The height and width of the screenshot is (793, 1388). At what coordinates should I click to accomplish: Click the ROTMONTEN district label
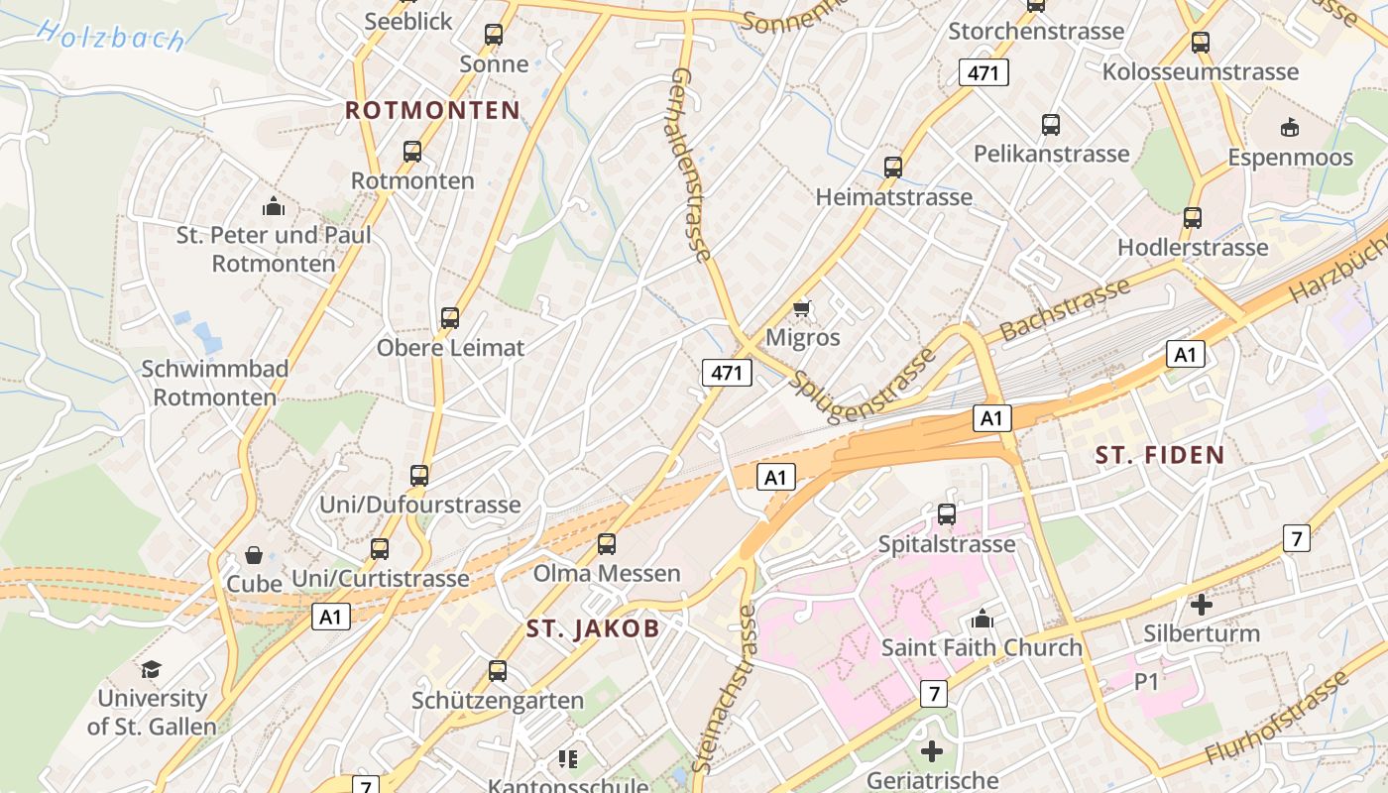click(x=432, y=110)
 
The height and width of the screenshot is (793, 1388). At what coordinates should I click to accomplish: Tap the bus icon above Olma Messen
click(x=606, y=544)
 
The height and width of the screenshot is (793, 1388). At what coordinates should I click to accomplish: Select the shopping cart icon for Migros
click(x=802, y=308)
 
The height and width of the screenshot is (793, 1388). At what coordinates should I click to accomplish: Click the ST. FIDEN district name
click(x=1160, y=456)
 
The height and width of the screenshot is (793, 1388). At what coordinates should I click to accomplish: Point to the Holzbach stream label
click(x=111, y=35)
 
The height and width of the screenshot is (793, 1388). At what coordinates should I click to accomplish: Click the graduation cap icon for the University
click(x=151, y=670)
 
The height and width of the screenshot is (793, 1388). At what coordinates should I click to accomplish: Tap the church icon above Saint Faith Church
click(x=983, y=620)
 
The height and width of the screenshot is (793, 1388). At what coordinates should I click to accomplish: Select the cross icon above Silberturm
click(x=1202, y=604)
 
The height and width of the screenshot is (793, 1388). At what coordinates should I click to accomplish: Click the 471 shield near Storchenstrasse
click(x=983, y=72)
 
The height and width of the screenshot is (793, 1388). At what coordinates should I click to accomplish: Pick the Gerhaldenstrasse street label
click(x=691, y=165)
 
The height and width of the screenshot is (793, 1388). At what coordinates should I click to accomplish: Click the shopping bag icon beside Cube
click(x=254, y=555)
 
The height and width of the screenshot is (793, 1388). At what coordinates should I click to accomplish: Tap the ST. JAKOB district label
click(x=592, y=628)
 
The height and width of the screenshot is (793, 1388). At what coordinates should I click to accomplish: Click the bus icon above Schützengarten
click(x=498, y=671)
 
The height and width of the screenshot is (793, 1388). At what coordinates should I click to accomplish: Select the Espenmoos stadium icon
click(x=1290, y=127)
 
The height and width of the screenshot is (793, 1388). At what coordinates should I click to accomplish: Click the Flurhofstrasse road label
click(x=1278, y=718)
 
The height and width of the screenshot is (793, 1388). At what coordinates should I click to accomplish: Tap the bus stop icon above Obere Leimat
click(x=450, y=318)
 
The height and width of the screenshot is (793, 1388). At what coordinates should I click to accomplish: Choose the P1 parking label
click(x=1146, y=681)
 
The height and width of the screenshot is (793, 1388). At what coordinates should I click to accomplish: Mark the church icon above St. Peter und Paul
click(x=274, y=206)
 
